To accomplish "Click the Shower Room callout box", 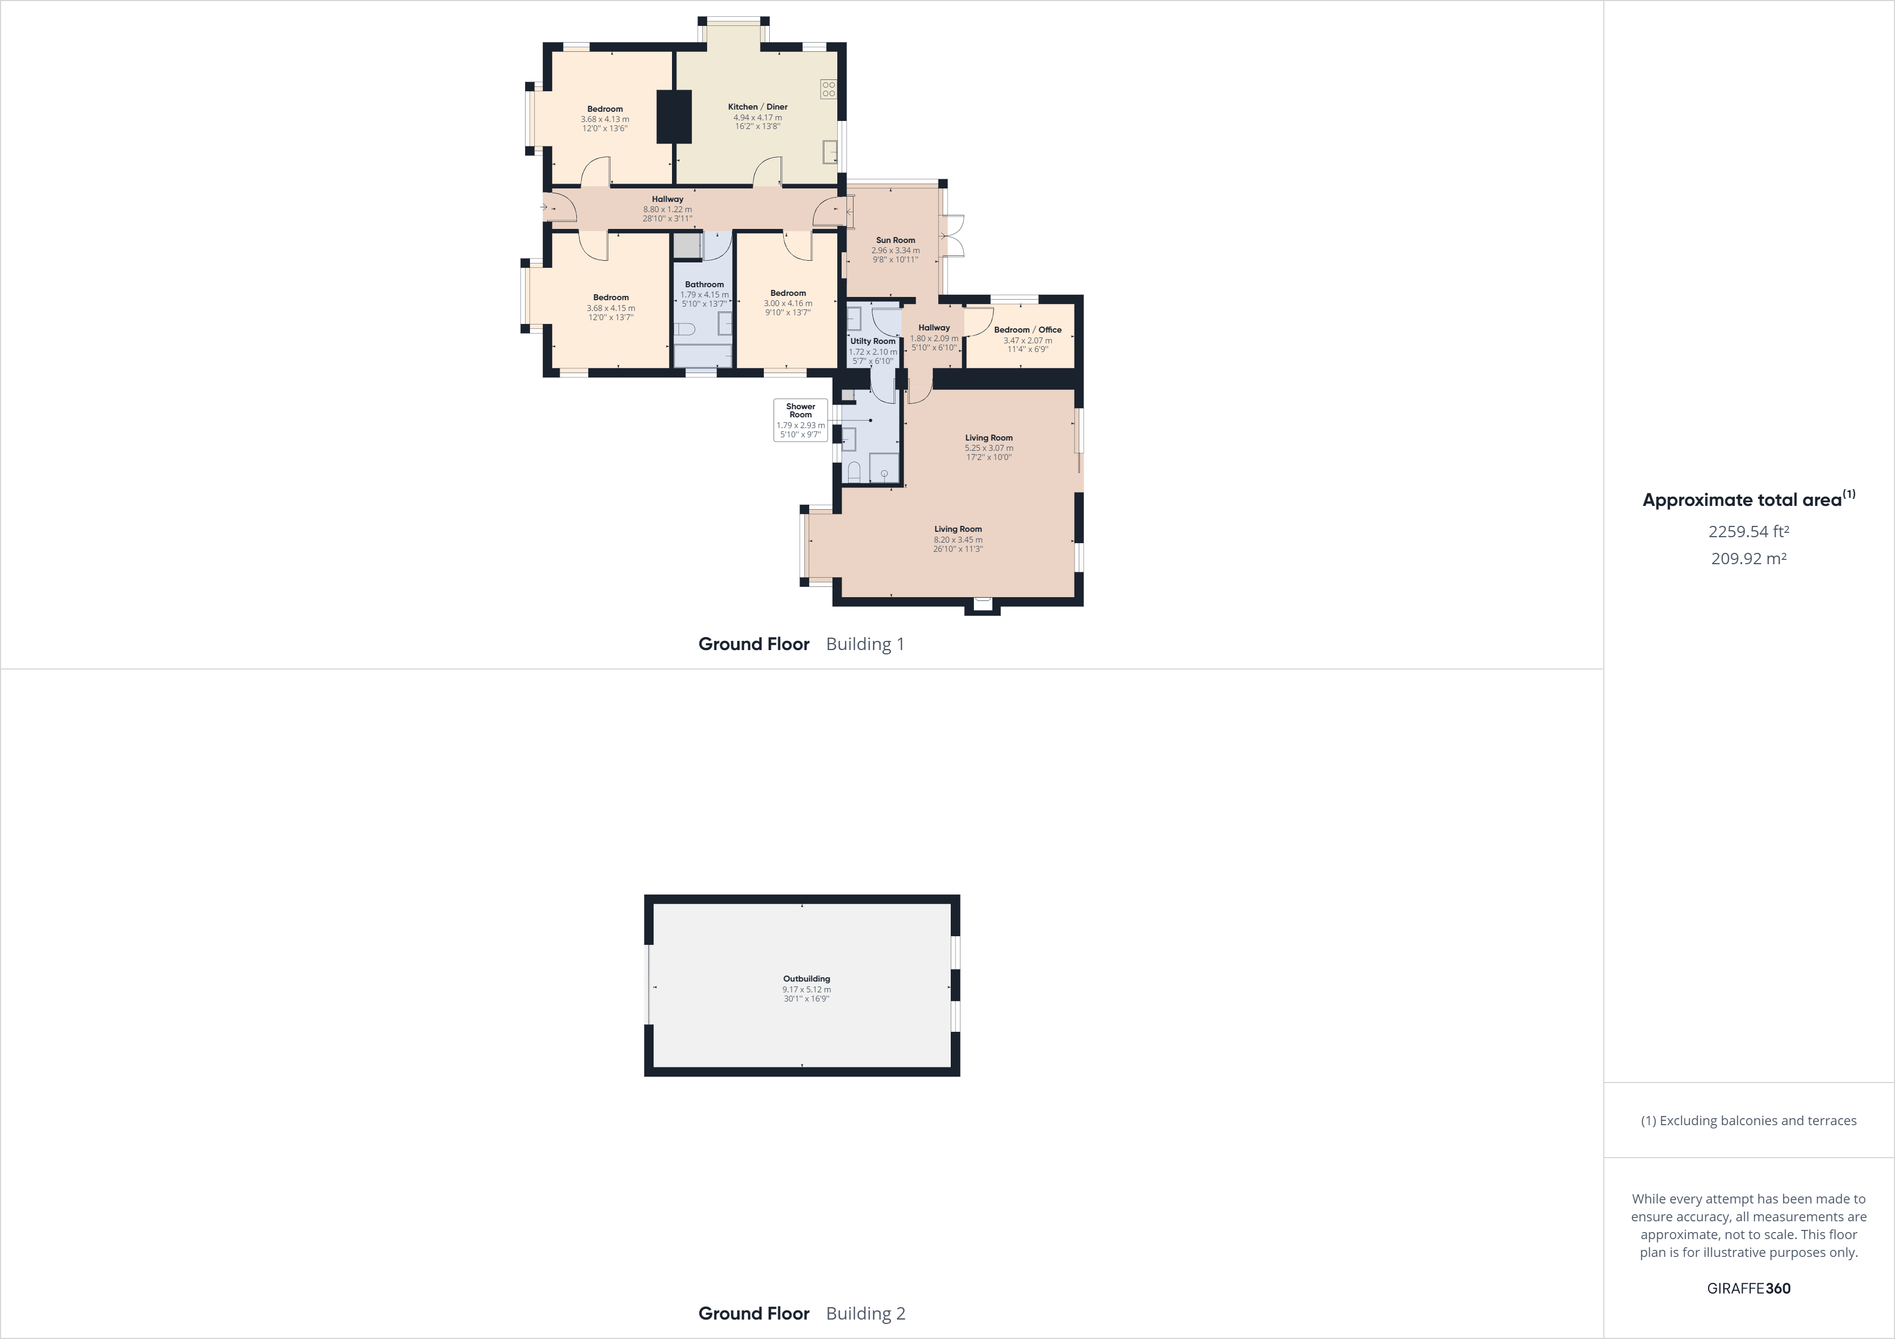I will point(800,420).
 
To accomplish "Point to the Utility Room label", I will point(872,341).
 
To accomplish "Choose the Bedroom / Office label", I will point(1027,329).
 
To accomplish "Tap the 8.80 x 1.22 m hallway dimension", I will point(667,209).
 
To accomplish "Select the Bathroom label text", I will point(704,284).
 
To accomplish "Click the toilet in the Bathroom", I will point(685,329).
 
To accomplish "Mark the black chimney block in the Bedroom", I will point(674,116).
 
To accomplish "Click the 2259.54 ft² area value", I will point(1748,531).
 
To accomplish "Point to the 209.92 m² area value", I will point(1748,558).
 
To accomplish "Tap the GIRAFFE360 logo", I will point(1748,1288).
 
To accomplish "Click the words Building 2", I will point(865,1314).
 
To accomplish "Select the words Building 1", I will point(865,644).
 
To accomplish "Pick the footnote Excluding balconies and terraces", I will point(1748,1120).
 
